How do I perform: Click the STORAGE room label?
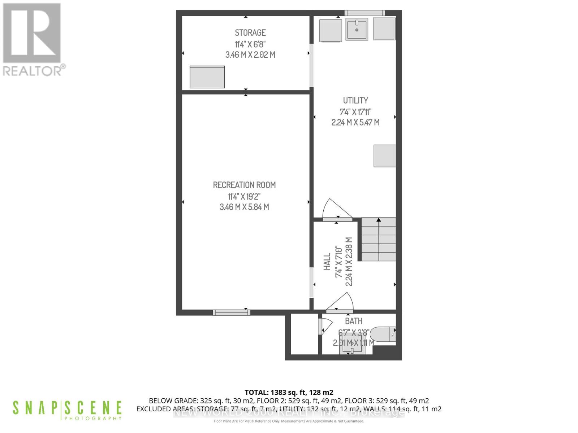[250, 33]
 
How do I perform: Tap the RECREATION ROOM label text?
[244, 185]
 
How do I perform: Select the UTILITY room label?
[355, 100]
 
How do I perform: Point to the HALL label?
[327, 262]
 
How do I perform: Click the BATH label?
[354, 321]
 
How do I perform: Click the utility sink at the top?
[357, 29]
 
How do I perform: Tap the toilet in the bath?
[383, 334]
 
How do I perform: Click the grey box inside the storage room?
[207, 77]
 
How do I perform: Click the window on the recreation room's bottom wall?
[231, 312]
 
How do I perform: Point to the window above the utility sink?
[365, 13]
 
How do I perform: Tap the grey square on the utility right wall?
[385, 156]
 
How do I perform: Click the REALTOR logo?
[33, 39]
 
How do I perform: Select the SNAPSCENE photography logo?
[67, 410]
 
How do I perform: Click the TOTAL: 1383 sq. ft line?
[289, 392]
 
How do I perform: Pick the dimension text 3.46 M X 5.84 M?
[244, 207]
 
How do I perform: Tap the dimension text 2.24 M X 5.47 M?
[355, 122]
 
